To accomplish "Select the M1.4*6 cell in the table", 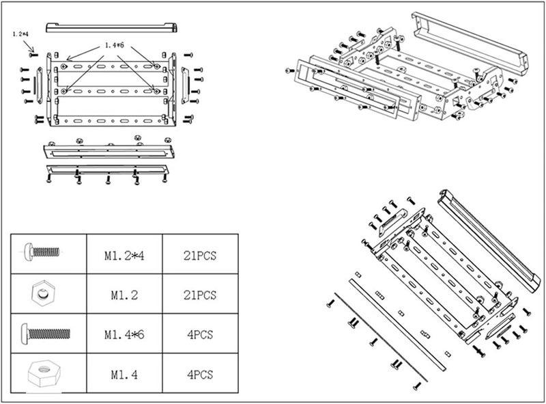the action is click(124, 334).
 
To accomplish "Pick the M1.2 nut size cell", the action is click(124, 294).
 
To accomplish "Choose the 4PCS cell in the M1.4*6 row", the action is click(200, 334).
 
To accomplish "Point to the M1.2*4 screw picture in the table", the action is click(42, 252).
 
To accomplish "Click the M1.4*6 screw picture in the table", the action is click(46, 333).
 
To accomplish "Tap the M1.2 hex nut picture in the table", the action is click(43, 294).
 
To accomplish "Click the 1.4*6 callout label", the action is click(115, 45).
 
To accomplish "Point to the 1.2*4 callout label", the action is click(20, 34).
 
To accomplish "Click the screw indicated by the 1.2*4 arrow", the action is click(33, 55).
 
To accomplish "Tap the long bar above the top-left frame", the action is click(111, 27).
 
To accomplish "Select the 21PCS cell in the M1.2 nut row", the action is click(200, 294).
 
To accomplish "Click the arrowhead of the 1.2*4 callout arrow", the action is click(33, 50).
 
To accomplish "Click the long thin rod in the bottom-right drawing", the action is click(381, 338).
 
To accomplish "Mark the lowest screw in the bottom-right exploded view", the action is click(417, 386).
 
